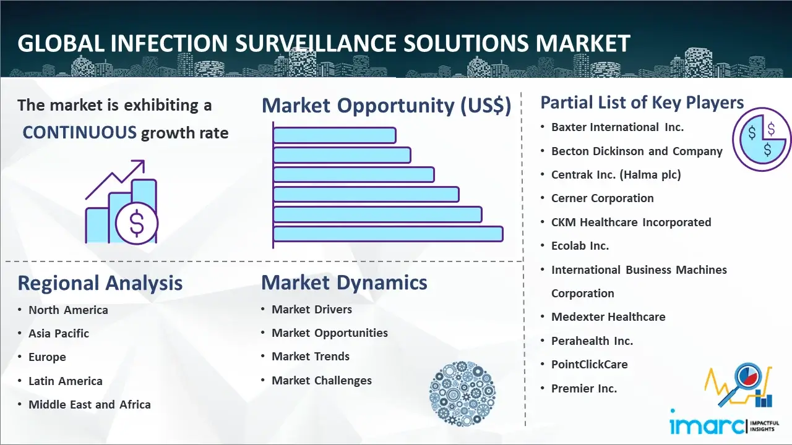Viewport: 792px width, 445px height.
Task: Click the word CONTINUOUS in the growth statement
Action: pyautogui.click(x=80, y=133)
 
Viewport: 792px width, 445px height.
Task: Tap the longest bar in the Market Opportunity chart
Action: pyautogui.click(x=388, y=234)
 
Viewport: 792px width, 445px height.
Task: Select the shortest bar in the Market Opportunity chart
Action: pyautogui.click(x=335, y=135)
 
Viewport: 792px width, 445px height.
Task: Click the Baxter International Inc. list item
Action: pyautogui.click(x=618, y=127)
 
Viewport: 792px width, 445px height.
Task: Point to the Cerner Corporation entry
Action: pyautogui.click(x=602, y=198)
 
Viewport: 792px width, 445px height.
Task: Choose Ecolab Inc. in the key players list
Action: pyautogui.click(x=580, y=245)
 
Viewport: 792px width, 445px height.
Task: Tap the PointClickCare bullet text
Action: pyautogui.click(x=590, y=364)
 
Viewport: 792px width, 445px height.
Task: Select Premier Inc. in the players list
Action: pyautogui.click(x=583, y=388)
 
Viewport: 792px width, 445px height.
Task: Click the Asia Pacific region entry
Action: pyautogui.click(x=59, y=333)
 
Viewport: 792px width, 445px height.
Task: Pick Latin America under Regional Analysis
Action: pyautogui.click(x=66, y=381)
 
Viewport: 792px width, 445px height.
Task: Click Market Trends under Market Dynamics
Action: pyautogui.click(x=311, y=357)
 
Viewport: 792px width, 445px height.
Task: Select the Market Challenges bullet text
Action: pyautogui.click(x=321, y=380)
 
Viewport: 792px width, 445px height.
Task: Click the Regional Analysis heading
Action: pyautogui.click(x=100, y=283)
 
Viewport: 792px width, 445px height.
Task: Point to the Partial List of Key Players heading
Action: pyautogui.click(x=642, y=103)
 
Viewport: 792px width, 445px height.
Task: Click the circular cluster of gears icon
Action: pyautogui.click(x=462, y=394)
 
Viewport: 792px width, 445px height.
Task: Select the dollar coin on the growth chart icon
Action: pyautogui.click(x=137, y=223)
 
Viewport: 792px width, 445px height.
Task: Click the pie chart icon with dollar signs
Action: pyautogui.click(x=762, y=140)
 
